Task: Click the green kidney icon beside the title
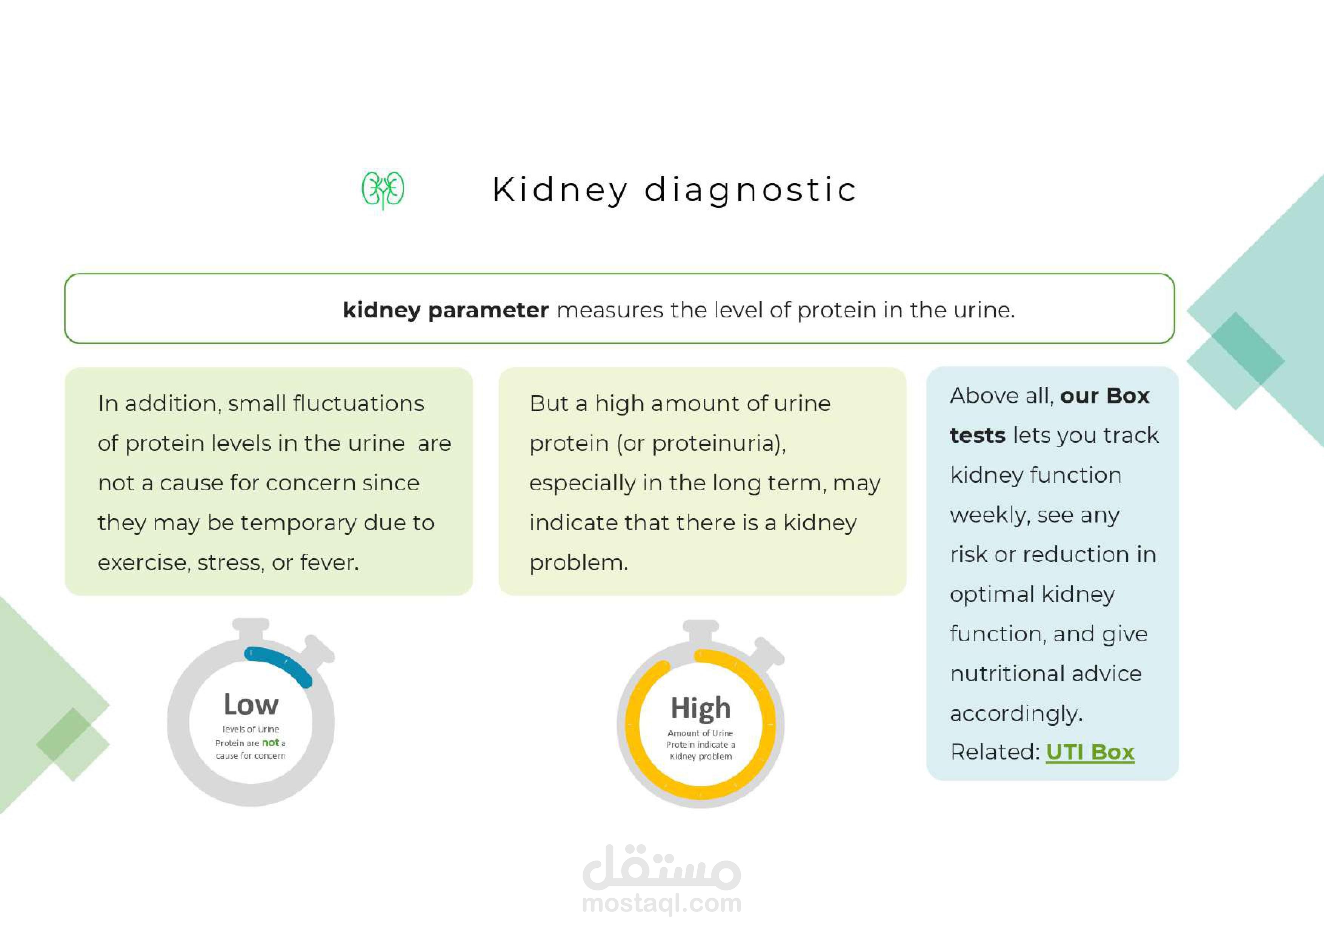click(383, 190)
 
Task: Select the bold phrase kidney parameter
click(445, 310)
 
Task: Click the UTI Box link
click(1090, 752)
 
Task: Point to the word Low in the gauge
click(251, 705)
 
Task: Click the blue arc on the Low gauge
click(280, 662)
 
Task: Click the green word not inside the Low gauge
click(271, 743)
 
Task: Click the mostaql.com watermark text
click(661, 904)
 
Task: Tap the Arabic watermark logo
click(661, 866)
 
